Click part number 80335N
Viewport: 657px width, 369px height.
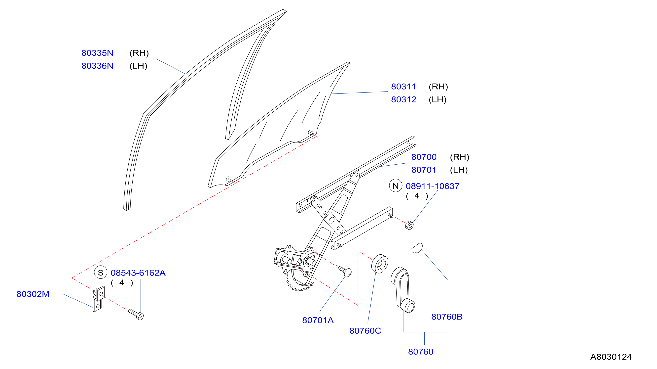97,53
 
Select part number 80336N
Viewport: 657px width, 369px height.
97,66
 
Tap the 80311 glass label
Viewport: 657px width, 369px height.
403,87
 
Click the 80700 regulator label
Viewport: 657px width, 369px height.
424,157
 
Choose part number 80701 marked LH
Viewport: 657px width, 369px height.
424,170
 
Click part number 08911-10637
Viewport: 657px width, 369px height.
433,186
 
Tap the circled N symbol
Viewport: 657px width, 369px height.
396,186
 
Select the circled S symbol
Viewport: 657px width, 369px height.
101,273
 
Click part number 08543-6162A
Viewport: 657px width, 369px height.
138,273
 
